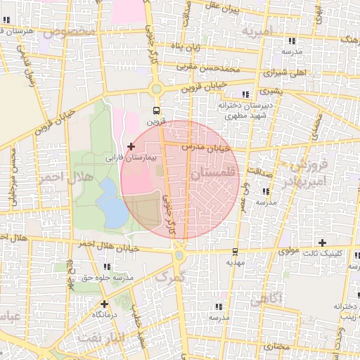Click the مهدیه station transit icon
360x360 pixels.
tap(234, 252)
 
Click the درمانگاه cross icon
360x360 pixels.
tap(104, 304)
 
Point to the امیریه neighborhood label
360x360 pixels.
tap(255, 32)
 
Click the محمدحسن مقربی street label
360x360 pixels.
tap(208, 68)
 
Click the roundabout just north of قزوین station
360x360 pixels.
tap(156, 89)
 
